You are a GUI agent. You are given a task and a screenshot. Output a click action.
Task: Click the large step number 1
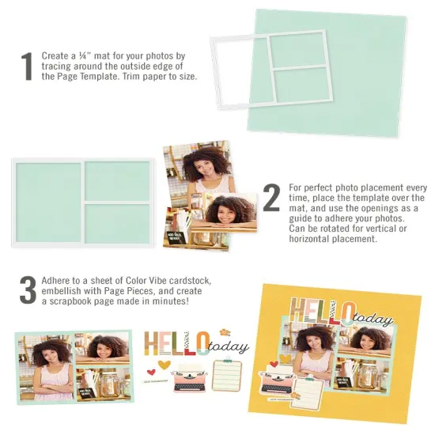pos(26,66)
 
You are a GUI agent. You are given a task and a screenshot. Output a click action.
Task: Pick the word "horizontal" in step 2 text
pos(311,240)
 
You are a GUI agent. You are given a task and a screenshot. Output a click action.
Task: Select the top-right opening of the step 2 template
pos(118,180)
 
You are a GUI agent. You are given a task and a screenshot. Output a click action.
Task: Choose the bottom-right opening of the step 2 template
pos(118,223)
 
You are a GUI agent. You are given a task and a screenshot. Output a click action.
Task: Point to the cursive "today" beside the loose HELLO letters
pos(230,346)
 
